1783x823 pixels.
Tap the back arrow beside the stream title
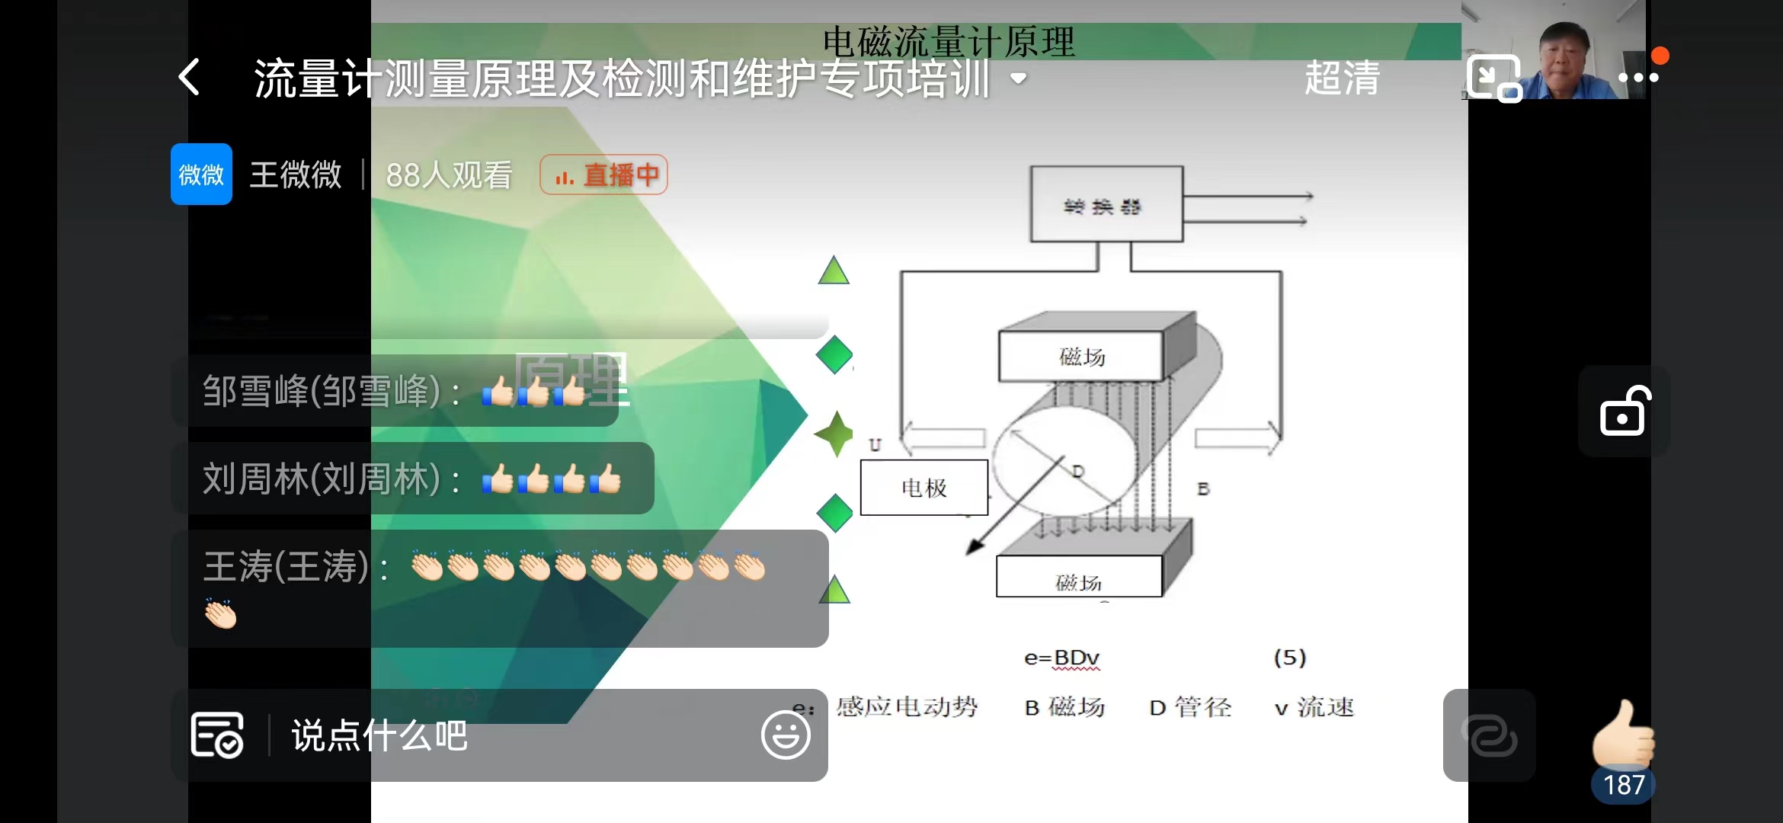click(189, 78)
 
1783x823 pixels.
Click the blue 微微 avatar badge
click(201, 175)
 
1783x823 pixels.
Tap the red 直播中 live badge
click(604, 175)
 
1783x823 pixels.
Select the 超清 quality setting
click(1342, 78)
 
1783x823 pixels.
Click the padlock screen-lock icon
click(1624, 411)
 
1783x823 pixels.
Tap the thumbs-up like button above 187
click(1623, 735)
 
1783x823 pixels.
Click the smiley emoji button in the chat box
click(785, 735)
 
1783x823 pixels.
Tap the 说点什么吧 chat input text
click(379, 736)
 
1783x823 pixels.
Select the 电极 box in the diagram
click(924, 488)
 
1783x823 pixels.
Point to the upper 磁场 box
click(1081, 356)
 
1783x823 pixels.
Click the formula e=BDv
click(1061, 658)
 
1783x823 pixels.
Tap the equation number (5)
click(1290, 658)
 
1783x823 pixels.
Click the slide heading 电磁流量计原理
click(949, 41)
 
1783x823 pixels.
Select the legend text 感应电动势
click(907, 707)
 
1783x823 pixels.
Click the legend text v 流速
click(1314, 707)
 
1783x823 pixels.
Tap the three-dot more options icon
click(1638, 78)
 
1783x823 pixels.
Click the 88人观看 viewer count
click(449, 175)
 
